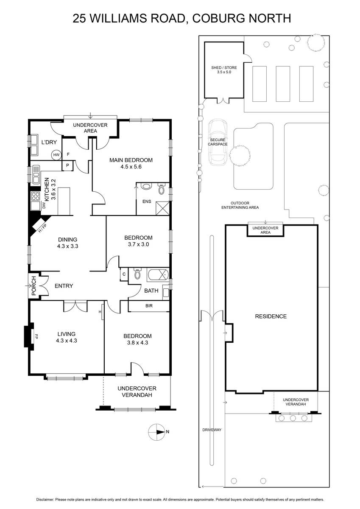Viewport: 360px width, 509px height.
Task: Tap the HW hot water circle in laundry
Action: pyautogui.click(x=56, y=155)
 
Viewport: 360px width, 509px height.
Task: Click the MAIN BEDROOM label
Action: pyautogui.click(x=131, y=160)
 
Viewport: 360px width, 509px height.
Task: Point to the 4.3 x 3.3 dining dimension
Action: pyautogui.click(x=68, y=246)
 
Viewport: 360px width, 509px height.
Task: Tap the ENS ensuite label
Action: pyautogui.click(x=147, y=201)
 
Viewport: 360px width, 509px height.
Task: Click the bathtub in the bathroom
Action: pyautogui.click(x=158, y=275)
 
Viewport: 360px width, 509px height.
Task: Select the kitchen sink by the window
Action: pyautogui.click(x=36, y=174)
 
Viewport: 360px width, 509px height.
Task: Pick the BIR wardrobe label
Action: pyautogui.click(x=149, y=306)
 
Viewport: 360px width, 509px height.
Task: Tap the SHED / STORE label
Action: pyautogui.click(x=224, y=68)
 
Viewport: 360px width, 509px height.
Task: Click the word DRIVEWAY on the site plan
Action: pyautogui.click(x=212, y=430)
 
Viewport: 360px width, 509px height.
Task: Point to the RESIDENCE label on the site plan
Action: pyautogui.click(x=271, y=316)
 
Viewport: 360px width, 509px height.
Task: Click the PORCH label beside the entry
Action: pyautogui.click(x=34, y=285)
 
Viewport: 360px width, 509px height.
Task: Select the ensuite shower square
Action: pyautogui.click(x=162, y=208)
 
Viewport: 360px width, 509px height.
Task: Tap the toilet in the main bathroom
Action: pyautogui.click(x=137, y=273)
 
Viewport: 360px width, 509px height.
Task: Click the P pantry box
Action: pyautogui.click(x=67, y=165)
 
